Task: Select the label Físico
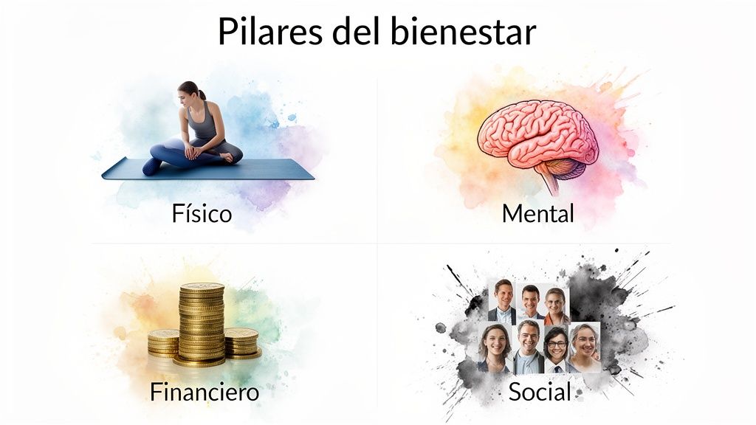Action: click(202, 214)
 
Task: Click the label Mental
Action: click(537, 214)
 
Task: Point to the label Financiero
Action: click(205, 392)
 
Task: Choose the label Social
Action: click(540, 392)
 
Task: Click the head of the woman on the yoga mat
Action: click(189, 92)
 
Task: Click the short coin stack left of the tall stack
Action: click(163, 342)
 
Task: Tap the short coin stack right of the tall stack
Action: click(242, 342)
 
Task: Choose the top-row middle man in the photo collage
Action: click(530, 302)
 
